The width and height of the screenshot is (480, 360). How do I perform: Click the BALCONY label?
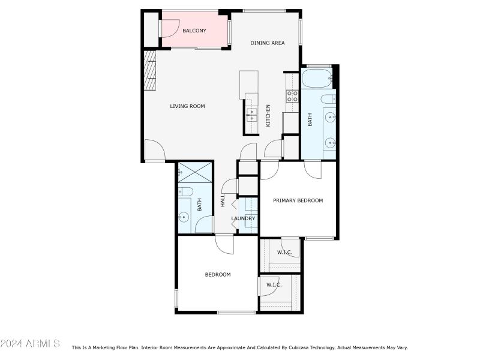tap(194, 31)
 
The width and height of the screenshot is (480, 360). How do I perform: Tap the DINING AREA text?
tap(268, 43)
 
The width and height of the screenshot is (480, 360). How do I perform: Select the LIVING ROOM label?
tap(187, 106)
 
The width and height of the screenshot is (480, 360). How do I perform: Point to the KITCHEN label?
tap(268, 116)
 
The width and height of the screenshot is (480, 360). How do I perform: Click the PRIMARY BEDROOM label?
tap(298, 200)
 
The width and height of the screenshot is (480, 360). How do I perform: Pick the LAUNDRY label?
tap(243, 218)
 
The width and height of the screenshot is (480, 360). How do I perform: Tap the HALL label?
tap(223, 200)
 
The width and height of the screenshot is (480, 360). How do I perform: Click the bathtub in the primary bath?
tap(317, 79)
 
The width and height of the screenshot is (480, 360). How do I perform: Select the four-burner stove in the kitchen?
tap(292, 96)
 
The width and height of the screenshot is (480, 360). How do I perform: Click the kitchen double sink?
tap(251, 115)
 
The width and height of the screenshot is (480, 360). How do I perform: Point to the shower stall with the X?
tap(195, 173)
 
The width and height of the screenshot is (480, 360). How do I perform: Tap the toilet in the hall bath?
tap(185, 191)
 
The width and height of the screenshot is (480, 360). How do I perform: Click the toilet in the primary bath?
tap(328, 99)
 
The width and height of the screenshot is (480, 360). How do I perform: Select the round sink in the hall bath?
tap(184, 217)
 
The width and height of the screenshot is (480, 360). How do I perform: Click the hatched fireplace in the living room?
tap(150, 70)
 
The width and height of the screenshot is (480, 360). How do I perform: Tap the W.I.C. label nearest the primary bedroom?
tap(284, 253)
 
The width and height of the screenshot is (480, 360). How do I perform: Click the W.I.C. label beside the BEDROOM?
tap(274, 285)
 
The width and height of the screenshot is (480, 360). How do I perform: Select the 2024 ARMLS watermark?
tap(30, 343)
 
